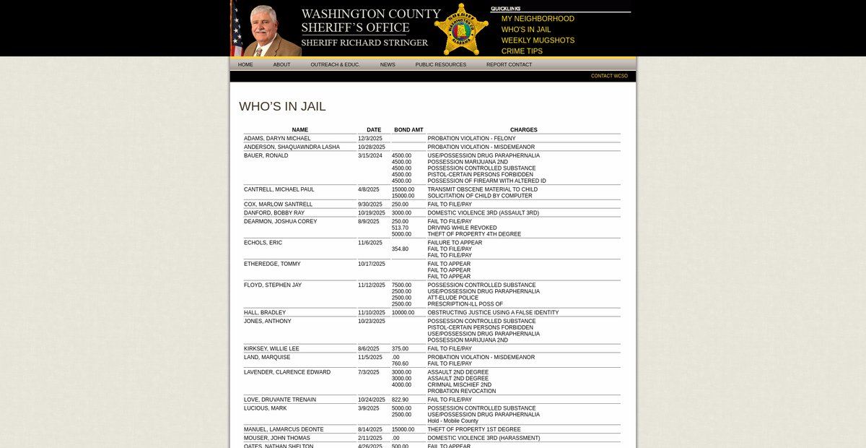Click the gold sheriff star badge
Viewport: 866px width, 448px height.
coord(461,29)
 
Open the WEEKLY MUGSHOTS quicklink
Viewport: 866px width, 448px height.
coord(538,40)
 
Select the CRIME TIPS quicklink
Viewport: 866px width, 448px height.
coord(522,51)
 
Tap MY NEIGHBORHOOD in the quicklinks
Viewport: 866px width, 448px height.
coord(538,19)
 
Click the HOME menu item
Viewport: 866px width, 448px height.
coord(245,64)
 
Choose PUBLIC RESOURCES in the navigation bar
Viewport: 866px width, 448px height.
coord(440,64)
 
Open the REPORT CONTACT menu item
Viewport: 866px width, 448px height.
coord(509,64)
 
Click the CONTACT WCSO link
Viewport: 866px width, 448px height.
coord(609,76)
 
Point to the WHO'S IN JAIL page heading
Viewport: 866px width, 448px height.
coord(282,106)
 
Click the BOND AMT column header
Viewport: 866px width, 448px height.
coord(408,130)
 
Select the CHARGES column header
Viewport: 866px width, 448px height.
coord(523,130)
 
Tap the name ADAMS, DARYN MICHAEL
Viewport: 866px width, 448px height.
coord(277,138)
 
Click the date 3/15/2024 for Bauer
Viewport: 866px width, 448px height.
coord(370,155)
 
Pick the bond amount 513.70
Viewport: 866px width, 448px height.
coord(400,228)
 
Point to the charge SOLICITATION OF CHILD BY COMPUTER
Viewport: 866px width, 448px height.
coord(479,196)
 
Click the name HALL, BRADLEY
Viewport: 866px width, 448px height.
coord(265,312)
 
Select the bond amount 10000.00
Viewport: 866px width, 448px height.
coord(403,312)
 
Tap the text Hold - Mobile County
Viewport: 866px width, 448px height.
coord(452,421)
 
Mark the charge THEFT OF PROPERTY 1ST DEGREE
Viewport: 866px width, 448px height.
coord(473,429)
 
